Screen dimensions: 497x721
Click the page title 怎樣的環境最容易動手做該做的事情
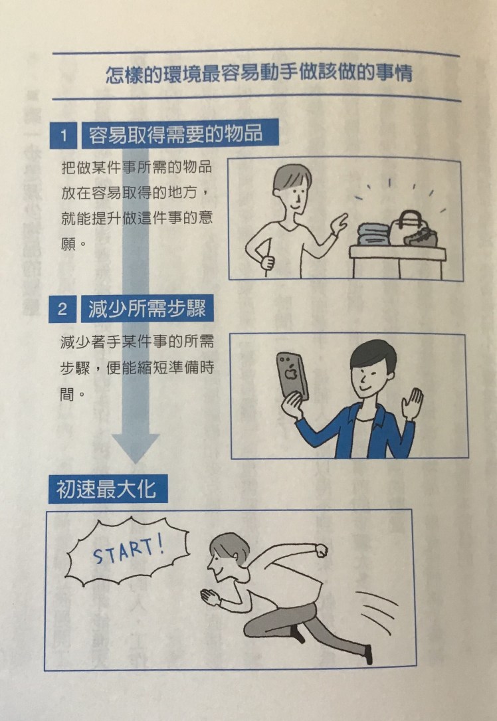258,74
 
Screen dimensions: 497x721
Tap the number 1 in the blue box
63,135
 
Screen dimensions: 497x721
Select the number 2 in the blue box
62,309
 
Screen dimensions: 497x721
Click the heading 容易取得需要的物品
176,134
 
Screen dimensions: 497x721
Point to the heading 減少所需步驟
147,308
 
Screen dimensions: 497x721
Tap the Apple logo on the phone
290,373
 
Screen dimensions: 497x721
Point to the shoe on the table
421,237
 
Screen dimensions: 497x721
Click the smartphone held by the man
292,375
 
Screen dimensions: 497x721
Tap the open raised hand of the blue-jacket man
412,402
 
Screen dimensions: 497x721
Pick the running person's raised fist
320,550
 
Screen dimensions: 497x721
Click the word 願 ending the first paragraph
68,243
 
